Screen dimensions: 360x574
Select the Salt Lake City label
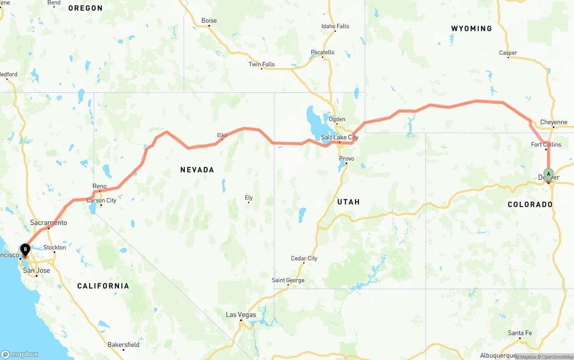point(339,137)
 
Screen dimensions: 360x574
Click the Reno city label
point(100,186)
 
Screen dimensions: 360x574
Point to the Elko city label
point(222,135)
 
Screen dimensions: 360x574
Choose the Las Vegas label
point(241,315)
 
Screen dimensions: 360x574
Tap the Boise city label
point(209,21)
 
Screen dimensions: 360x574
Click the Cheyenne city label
point(554,122)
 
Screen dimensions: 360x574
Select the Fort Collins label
point(546,144)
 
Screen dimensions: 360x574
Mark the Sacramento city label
point(48,223)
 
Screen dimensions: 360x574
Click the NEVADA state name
point(197,170)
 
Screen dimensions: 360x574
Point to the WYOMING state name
point(471,29)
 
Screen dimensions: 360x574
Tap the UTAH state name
point(348,202)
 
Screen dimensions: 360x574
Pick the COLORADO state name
point(530,204)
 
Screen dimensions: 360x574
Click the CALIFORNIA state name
point(103,286)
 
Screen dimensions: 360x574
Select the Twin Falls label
point(261,64)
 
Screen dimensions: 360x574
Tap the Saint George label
point(288,280)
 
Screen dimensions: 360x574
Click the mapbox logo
point(20,354)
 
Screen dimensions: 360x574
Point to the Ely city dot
point(249,202)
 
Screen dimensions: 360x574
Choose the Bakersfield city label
point(123,345)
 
